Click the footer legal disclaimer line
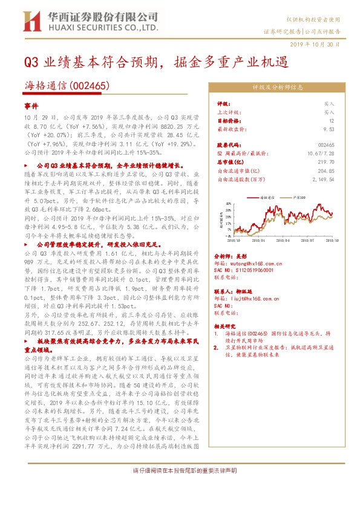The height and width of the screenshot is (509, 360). pos(180,470)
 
